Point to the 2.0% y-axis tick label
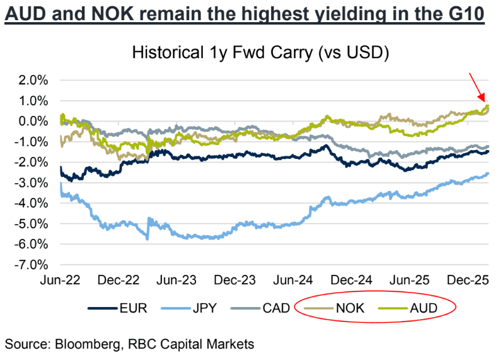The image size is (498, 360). [33, 80]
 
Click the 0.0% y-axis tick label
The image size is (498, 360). [33, 121]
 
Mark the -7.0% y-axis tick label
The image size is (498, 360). [31, 264]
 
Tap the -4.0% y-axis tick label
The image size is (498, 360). [31, 203]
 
